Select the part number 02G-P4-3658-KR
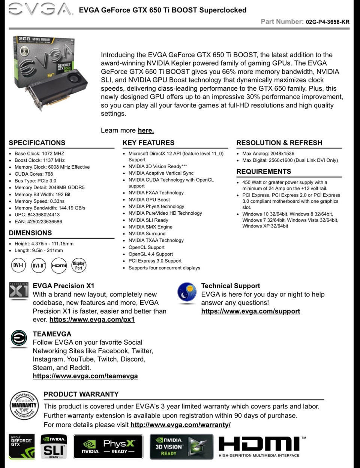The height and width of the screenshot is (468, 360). (x=327, y=22)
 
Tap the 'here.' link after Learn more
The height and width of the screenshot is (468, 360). (x=145, y=130)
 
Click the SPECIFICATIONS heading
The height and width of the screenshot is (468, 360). (x=37, y=143)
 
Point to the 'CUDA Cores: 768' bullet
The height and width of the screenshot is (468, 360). (x=34, y=174)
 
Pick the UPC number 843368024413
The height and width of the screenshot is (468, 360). (x=43, y=215)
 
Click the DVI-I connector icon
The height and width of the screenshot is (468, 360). (x=18, y=265)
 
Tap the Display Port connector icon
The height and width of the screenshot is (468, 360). (x=79, y=265)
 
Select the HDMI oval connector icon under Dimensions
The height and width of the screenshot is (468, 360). (x=58, y=265)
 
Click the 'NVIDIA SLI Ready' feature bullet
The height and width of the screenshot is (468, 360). (x=148, y=220)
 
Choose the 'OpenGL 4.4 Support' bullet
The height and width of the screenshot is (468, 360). (x=150, y=254)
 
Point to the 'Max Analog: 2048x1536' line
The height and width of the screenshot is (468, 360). (x=268, y=154)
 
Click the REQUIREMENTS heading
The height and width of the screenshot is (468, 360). (x=263, y=172)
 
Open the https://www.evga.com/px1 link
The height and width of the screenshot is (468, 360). (x=92, y=320)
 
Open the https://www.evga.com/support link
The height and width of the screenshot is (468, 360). (x=250, y=311)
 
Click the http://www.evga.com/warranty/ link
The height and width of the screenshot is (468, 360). (x=180, y=425)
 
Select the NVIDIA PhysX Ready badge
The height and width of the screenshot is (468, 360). (x=108, y=447)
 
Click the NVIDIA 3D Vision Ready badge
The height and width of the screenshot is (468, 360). (x=181, y=447)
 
